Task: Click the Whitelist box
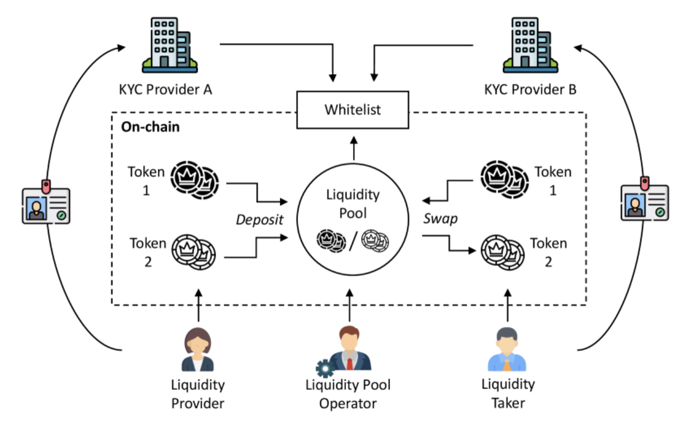pos(352,110)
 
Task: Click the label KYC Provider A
pos(165,89)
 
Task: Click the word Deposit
pos(260,220)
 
